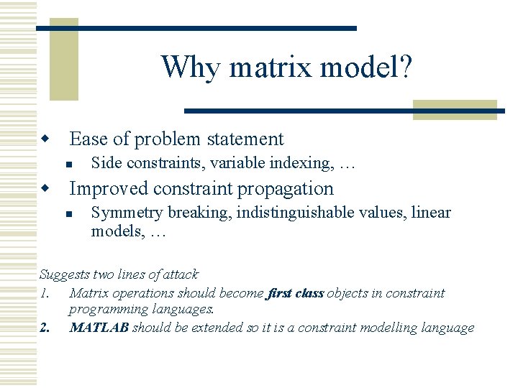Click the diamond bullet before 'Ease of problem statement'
(x=45, y=138)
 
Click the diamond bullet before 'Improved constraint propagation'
(x=45, y=188)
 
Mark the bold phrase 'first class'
(x=295, y=293)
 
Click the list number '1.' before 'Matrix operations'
(x=45, y=293)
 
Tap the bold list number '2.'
(x=45, y=328)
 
